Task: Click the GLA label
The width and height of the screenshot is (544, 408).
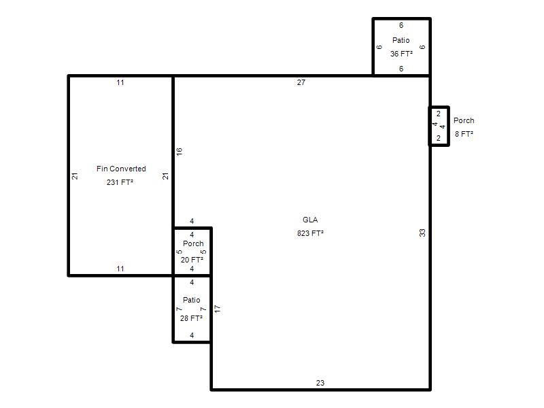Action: (310, 220)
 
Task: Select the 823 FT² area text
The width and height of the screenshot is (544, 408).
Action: (310, 233)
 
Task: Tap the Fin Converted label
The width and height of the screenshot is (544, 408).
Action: (121, 169)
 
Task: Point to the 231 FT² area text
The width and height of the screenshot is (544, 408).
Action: (120, 182)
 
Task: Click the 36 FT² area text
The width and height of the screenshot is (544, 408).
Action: (401, 54)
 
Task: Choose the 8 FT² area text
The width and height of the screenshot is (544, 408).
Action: (464, 134)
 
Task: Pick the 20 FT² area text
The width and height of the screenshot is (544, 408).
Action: (192, 260)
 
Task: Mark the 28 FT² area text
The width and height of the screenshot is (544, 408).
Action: (191, 318)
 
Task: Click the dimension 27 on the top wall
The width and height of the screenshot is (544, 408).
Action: (301, 82)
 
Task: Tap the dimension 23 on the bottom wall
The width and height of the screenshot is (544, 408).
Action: (320, 383)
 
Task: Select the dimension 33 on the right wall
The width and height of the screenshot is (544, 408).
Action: (422, 233)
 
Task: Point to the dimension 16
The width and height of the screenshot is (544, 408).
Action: (179, 151)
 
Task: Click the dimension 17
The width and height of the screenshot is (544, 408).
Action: (218, 309)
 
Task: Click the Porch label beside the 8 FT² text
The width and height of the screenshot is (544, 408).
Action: (464, 120)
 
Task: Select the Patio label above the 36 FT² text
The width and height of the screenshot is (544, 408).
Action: (401, 40)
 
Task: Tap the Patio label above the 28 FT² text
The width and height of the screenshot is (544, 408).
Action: (192, 300)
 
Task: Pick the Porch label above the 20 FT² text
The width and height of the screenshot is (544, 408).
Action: (193, 243)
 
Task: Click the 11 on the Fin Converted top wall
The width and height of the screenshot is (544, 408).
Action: (120, 82)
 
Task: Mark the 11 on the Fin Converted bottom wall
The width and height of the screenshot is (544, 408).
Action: (120, 269)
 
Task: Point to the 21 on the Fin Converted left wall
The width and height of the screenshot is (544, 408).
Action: (75, 176)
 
